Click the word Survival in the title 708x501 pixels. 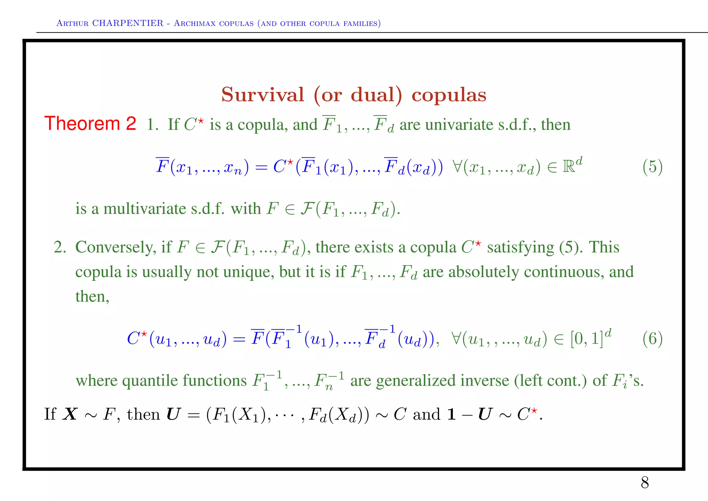tap(263, 94)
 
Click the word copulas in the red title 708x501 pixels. tap(449, 95)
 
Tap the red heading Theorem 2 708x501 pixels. tap(90, 124)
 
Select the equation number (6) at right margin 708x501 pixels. tap(652, 339)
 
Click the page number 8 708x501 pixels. tap(645, 483)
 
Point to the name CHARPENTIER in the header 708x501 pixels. tap(128, 23)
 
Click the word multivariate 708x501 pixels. tap(145, 209)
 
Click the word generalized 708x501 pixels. tap(412, 381)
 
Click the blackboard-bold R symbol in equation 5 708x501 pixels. tap(569, 167)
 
